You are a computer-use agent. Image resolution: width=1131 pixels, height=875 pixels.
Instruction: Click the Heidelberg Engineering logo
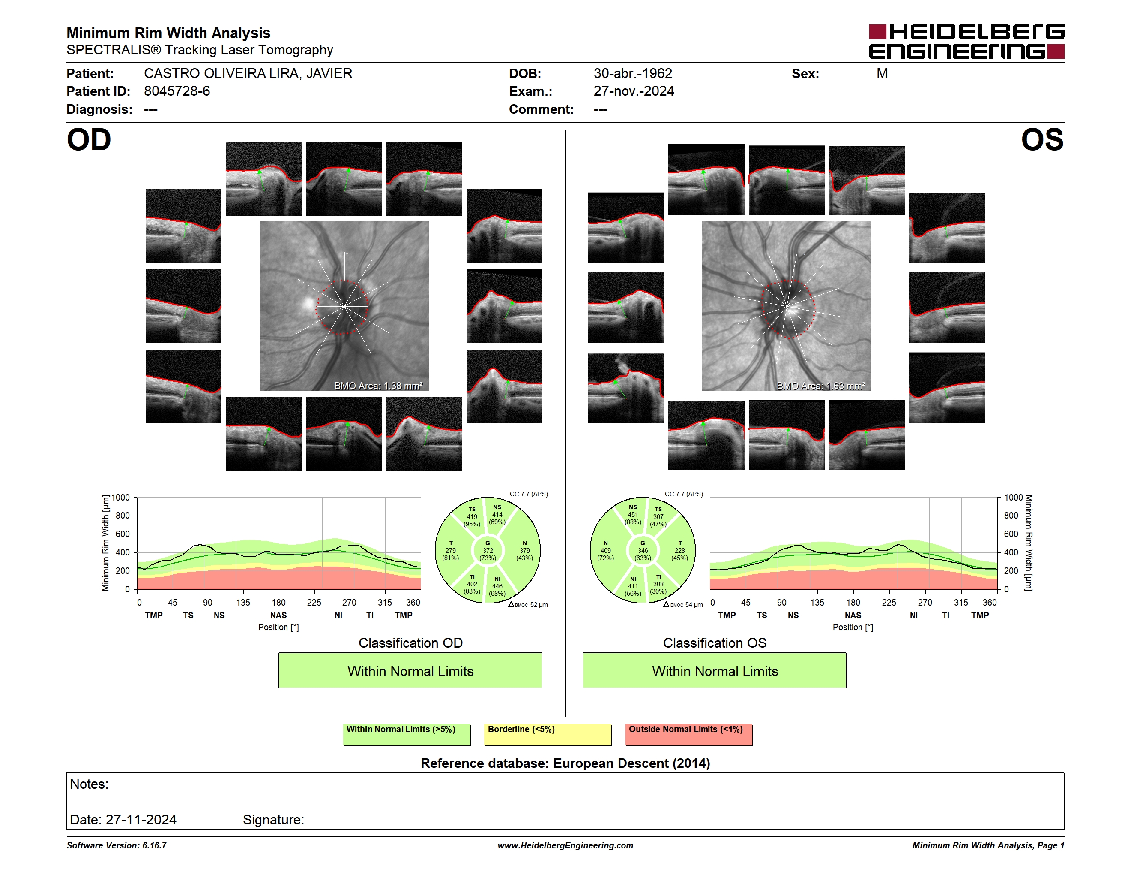(966, 42)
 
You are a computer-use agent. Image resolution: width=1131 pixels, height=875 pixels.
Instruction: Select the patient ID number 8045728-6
(177, 91)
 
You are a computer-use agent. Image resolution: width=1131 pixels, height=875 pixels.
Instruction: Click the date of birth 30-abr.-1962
(633, 74)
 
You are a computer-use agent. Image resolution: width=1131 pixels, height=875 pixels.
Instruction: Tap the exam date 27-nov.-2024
(634, 91)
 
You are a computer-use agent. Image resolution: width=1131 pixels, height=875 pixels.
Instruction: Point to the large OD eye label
(89, 140)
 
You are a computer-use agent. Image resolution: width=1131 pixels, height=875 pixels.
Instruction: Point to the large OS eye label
(1042, 140)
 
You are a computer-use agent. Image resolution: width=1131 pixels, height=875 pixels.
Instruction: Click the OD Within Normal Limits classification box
(410, 671)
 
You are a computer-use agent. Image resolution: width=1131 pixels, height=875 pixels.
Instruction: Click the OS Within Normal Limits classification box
(715, 671)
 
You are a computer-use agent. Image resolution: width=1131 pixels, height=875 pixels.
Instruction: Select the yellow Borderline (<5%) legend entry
(548, 734)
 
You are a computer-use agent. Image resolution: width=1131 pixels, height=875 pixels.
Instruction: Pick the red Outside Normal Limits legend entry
(689, 734)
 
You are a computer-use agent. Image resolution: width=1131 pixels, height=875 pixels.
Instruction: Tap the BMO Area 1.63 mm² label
(821, 386)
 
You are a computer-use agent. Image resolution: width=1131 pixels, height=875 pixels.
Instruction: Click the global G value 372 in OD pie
(488, 550)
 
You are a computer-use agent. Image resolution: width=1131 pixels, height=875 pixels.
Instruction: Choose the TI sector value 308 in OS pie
(658, 584)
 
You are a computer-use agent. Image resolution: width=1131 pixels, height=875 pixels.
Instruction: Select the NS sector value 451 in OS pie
(633, 515)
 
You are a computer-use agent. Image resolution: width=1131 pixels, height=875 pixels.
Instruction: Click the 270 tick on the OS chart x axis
(925, 602)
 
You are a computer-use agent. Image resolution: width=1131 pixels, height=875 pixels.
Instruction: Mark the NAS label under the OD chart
(278, 616)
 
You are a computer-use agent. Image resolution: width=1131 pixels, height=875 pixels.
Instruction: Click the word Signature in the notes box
(273, 820)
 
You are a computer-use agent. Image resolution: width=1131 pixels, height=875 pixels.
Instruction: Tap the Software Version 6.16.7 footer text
(117, 845)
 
